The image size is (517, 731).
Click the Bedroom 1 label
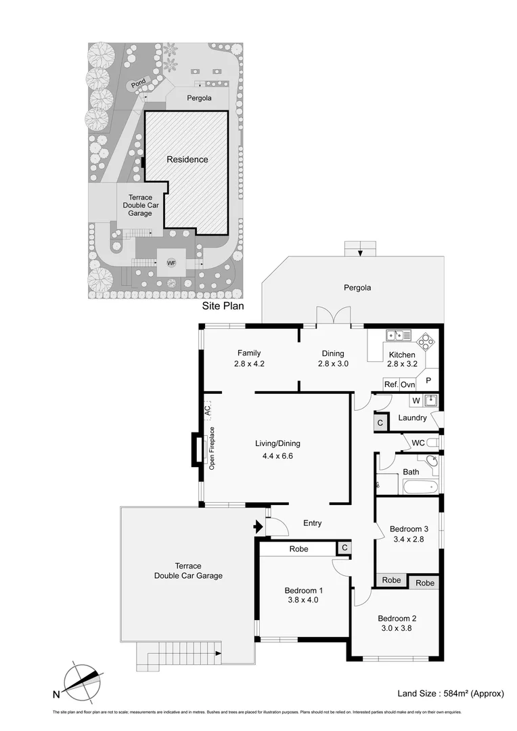pyautogui.click(x=302, y=590)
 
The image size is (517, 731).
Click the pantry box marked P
pyautogui.click(x=428, y=380)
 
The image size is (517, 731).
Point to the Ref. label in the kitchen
pyautogui.click(x=390, y=384)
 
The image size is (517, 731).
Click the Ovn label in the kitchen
pyautogui.click(x=407, y=384)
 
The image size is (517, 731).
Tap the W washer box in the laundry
pyautogui.click(x=416, y=400)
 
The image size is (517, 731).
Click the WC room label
pyautogui.click(x=418, y=443)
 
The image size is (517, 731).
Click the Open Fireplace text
pyautogui.click(x=212, y=449)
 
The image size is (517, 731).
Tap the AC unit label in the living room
pyautogui.click(x=208, y=409)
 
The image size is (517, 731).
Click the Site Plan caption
pyautogui.click(x=223, y=306)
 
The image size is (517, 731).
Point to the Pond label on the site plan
pyautogui.click(x=138, y=85)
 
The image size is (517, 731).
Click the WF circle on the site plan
pyautogui.click(x=171, y=263)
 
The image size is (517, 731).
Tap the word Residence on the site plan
pyautogui.click(x=188, y=160)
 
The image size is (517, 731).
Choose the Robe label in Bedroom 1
pyautogui.click(x=298, y=549)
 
